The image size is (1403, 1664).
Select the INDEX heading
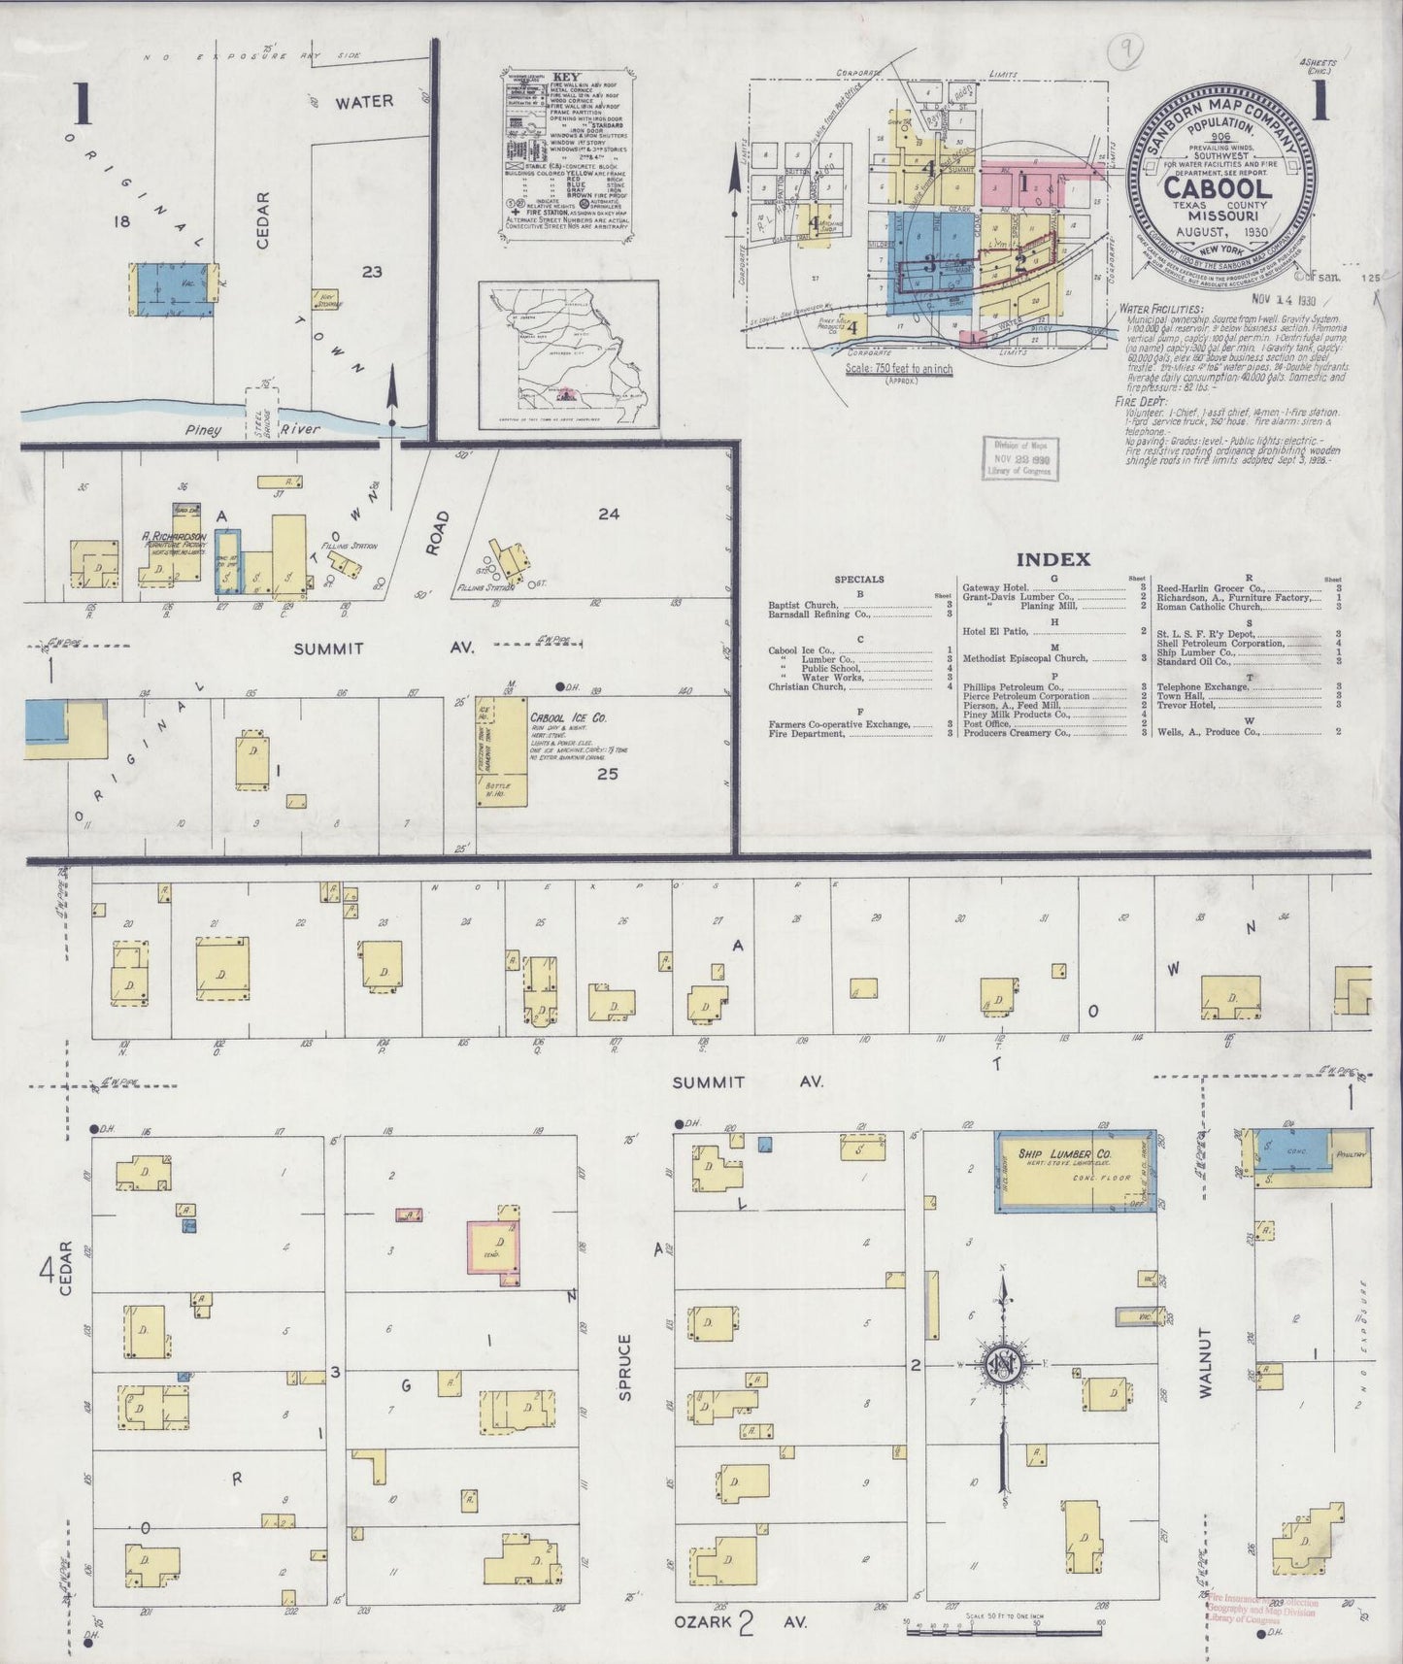(x=1052, y=559)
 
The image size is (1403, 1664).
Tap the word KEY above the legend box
(x=566, y=77)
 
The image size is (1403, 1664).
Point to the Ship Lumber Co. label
(x=1064, y=1153)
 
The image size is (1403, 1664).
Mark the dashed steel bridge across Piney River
(x=261, y=411)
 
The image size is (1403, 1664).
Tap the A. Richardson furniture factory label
(x=173, y=537)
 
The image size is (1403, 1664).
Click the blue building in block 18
(x=172, y=288)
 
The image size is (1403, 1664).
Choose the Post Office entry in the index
(x=986, y=723)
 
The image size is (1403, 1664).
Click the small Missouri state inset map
(x=568, y=354)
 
